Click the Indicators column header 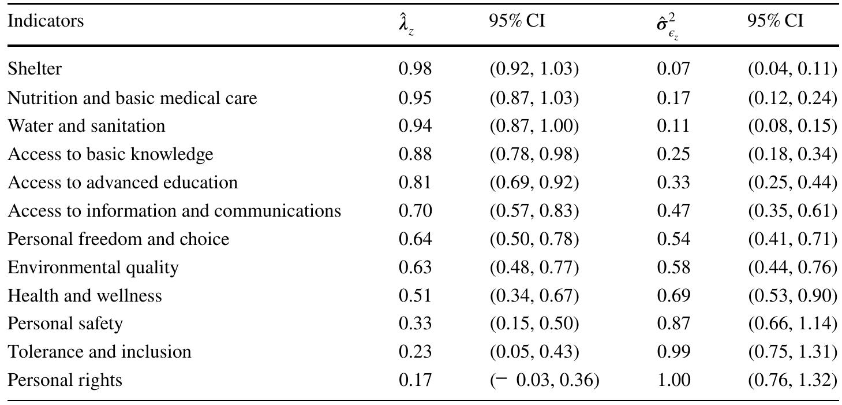tap(46, 21)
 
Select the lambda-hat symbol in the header tap(406, 24)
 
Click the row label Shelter tap(35, 69)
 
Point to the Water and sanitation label tap(86, 125)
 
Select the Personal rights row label tap(65, 380)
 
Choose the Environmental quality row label tap(93, 267)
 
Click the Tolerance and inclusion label tap(99, 352)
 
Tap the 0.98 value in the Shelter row tap(415, 69)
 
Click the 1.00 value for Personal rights tap(673, 380)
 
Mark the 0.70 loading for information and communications tap(415, 211)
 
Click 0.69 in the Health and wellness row tap(673, 296)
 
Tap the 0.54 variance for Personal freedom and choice tap(673, 239)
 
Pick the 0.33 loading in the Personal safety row tap(415, 324)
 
